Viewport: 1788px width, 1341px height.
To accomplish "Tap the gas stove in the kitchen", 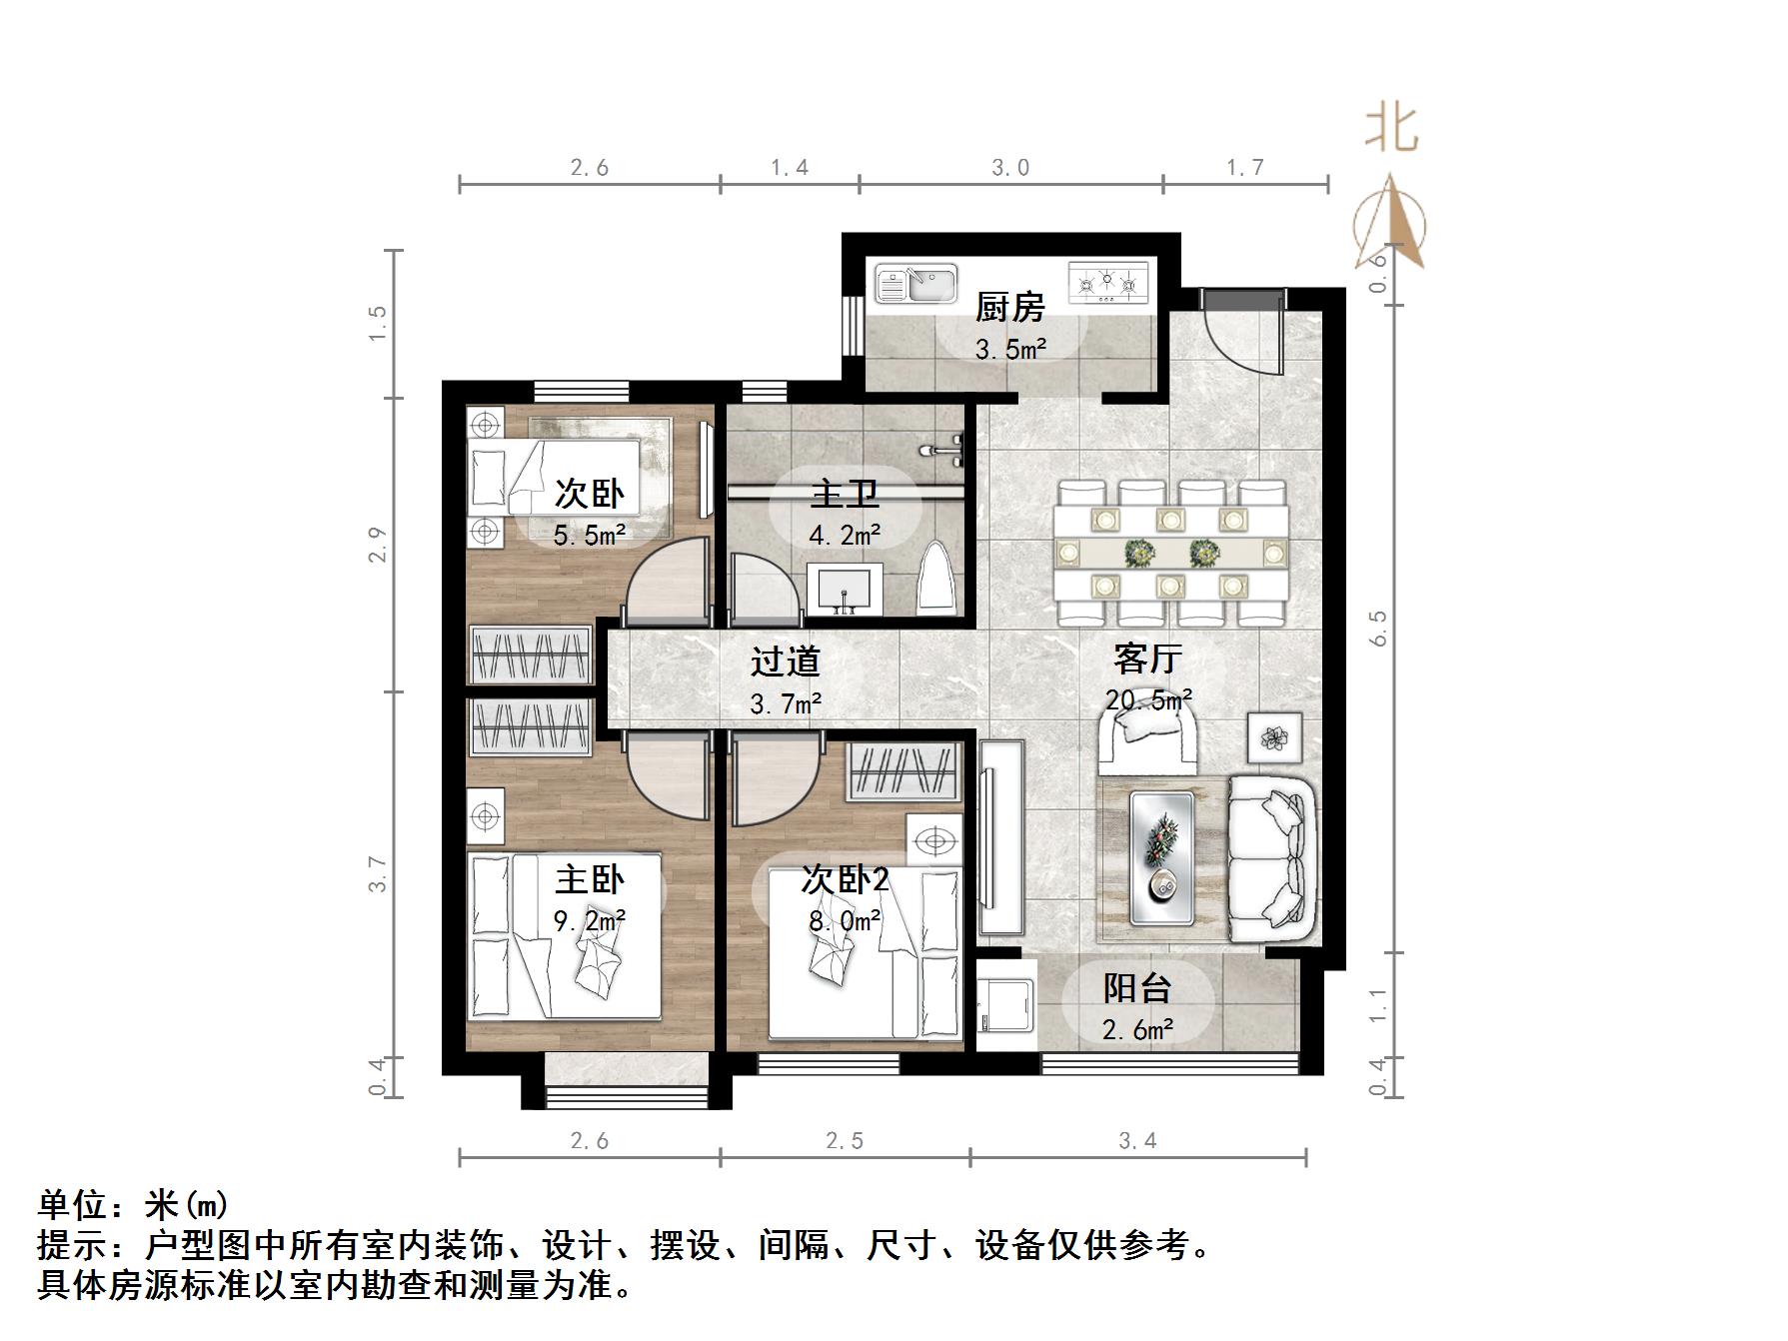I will click(1107, 283).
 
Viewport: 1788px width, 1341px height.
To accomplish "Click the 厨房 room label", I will click(1009, 307).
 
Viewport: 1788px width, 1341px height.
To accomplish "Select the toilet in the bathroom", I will click(936, 580).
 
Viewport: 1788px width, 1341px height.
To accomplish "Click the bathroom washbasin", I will click(846, 588).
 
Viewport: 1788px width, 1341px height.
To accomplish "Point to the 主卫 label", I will click(845, 494).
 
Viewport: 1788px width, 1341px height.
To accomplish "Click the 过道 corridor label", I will click(786, 661).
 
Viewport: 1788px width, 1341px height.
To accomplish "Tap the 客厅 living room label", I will click(1148, 659).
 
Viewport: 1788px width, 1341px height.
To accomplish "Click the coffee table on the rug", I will click(1162, 856).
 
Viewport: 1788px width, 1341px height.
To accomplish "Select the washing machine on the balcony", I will click(1005, 1004).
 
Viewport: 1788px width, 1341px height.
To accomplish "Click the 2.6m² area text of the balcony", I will click(1137, 1029).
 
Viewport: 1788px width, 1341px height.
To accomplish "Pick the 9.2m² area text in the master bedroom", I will click(590, 920).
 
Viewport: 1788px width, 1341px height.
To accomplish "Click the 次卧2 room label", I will click(845, 879).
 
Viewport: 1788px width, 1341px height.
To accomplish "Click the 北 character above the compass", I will click(1391, 129).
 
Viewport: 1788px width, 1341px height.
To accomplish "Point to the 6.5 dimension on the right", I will click(1379, 628).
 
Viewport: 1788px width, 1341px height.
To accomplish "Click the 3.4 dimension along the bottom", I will click(1137, 1140).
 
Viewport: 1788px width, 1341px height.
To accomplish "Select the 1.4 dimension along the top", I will click(790, 167).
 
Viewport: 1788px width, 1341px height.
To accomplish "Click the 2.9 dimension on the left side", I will click(377, 545).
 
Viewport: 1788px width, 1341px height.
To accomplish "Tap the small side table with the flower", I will click(1274, 738).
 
